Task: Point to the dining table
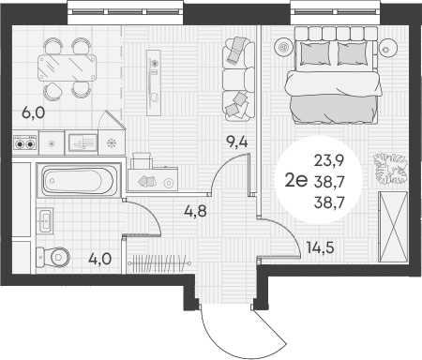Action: [x=66, y=66]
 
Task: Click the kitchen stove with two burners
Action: [x=25, y=143]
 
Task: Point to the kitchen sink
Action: [x=82, y=142]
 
